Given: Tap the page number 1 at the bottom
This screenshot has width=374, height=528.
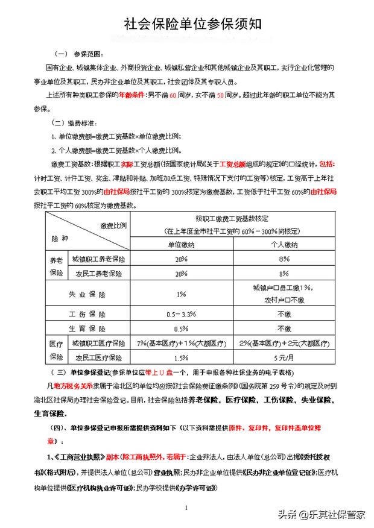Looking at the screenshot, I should [187, 509].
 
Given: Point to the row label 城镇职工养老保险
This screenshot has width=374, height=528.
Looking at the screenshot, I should [98, 259].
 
